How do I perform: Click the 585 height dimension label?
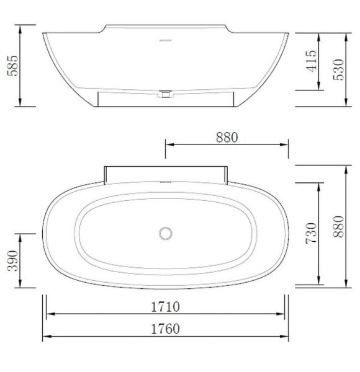(x=12, y=65)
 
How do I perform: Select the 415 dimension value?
(x=312, y=62)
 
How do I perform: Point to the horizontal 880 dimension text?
(x=227, y=138)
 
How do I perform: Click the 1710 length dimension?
(x=164, y=306)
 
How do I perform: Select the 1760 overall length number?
(x=164, y=328)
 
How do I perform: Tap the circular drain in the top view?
(x=165, y=233)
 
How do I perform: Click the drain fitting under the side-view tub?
(x=166, y=94)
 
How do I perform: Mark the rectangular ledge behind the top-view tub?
(x=166, y=174)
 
